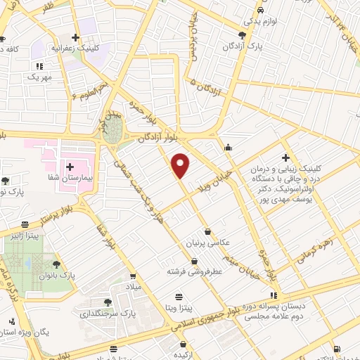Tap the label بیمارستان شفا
pos(97,168)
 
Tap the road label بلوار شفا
pos(108,236)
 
